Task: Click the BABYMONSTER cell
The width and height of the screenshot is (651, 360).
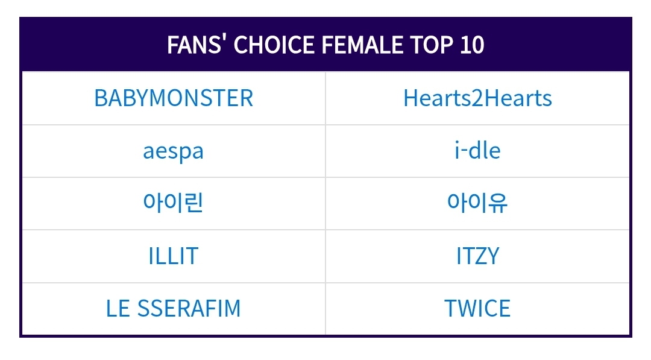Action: (174, 98)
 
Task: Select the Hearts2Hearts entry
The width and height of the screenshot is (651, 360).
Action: (477, 98)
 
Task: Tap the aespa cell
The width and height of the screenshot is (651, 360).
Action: (174, 151)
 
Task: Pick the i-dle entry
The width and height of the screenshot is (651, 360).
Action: (477, 151)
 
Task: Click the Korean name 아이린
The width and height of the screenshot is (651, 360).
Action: (174, 203)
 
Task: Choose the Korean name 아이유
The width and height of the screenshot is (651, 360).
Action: (477, 203)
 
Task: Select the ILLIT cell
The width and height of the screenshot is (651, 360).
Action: (174, 256)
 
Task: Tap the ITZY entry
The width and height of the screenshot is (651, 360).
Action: (477, 256)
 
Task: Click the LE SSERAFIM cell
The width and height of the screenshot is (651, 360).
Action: (174, 309)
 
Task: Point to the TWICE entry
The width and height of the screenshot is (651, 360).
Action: (477, 309)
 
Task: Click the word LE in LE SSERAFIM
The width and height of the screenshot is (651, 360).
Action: (118, 309)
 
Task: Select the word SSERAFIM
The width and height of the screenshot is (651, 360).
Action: (189, 309)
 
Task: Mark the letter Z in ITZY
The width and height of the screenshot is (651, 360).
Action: (480, 256)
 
